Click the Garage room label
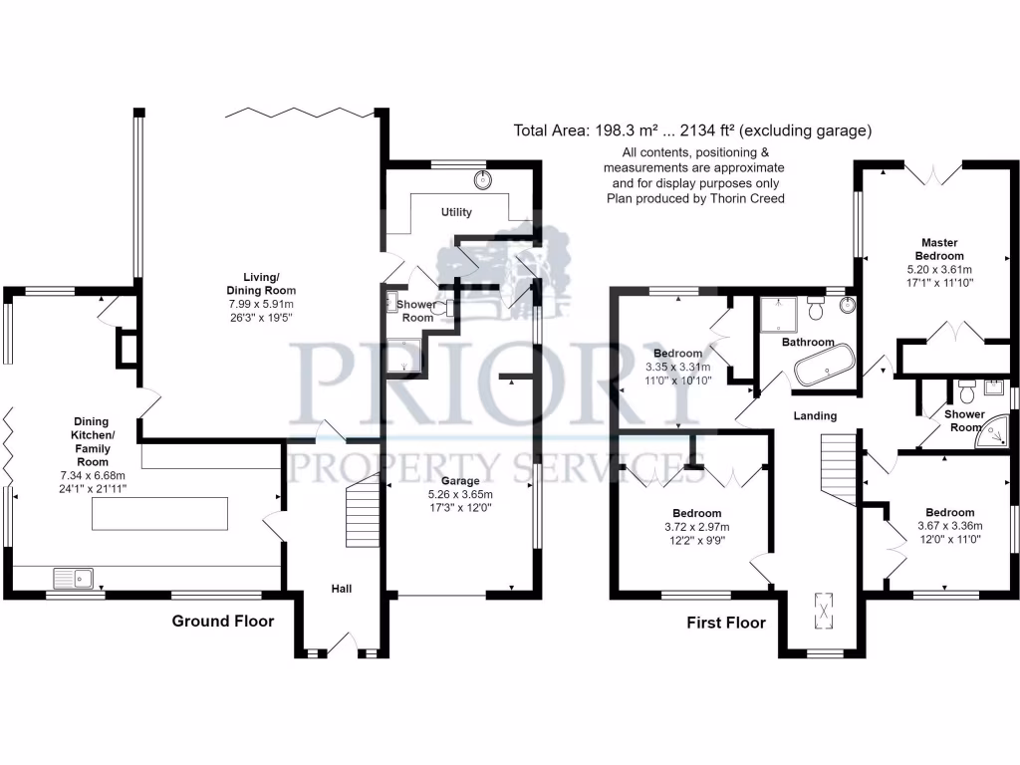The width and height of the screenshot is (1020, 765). coord(459,481)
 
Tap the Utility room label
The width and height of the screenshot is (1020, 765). coord(457,212)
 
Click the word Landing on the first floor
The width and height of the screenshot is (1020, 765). coord(815,415)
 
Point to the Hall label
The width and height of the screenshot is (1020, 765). coord(342,589)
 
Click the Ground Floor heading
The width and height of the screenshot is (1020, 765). coord(222,622)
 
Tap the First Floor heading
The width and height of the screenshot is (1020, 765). coord(726,624)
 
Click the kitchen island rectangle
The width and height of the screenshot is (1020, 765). coord(159,514)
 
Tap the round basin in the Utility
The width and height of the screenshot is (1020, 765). coord(484,180)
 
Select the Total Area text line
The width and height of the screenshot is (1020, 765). coord(692,130)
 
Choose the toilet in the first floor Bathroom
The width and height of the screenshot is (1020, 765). coord(816,311)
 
